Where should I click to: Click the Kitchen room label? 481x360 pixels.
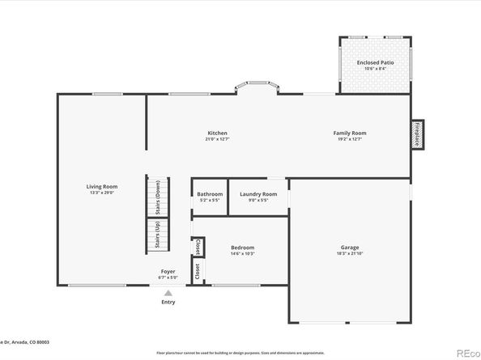(x=217, y=133)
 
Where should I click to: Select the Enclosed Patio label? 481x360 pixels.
(x=375, y=62)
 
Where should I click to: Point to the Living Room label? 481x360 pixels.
(x=102, y=187)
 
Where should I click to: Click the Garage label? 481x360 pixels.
(x=350, y=248)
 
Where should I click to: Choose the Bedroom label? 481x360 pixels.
(x=242, y=248)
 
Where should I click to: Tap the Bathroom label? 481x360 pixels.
(x=210, y=194)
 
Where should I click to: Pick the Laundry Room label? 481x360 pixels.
(x=258, y=194)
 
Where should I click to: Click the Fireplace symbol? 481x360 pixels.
(x=418, y=133)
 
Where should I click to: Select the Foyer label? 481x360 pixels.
(x=168, y=271)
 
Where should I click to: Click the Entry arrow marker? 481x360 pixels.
(x=168, y=293)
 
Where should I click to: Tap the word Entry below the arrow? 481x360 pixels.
(x=168, y=303)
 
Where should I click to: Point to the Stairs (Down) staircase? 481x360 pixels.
(x=157, y=197)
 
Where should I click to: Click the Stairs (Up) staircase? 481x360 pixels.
(x=157, y=235)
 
